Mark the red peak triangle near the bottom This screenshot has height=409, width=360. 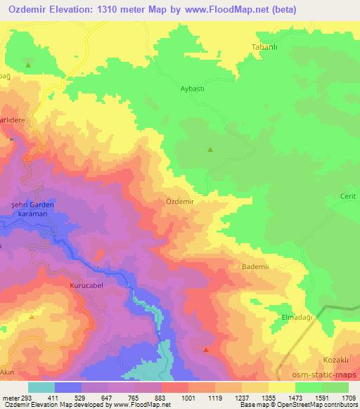(x=206, y=349)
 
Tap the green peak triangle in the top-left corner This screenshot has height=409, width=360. (x=28, y=65)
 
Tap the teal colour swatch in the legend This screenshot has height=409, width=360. (x=41, y=387)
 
